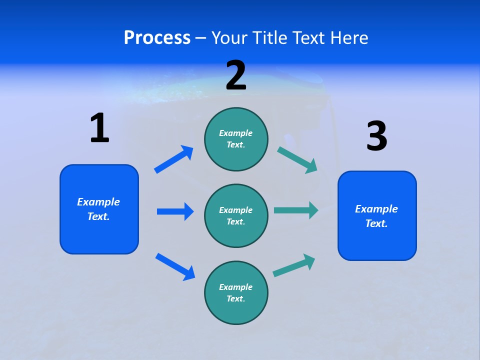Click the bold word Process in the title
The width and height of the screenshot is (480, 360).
point(157,38)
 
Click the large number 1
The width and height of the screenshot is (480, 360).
point(99,128)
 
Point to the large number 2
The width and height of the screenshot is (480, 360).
point(236,76)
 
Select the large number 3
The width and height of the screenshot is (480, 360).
point(376,136)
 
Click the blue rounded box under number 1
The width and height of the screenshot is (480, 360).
point(99,209)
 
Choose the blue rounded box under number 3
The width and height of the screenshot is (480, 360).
point(377,215)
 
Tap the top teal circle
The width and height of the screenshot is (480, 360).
point(236,139)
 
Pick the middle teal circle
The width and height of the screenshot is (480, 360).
point(236,215)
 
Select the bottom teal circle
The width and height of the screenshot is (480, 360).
point(236,292)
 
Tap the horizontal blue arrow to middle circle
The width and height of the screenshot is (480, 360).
point(175,211)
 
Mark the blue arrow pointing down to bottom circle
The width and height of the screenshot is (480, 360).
point(175,266)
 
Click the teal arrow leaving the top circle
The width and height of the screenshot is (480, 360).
point(297,159)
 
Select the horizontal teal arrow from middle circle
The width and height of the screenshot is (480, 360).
point(296,210)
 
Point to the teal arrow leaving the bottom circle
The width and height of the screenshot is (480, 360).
point(294,265)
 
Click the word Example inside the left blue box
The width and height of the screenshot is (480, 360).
point(98,202)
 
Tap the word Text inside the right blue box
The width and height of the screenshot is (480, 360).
point(375,223)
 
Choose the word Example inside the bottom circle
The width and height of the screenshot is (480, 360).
point(236,287)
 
